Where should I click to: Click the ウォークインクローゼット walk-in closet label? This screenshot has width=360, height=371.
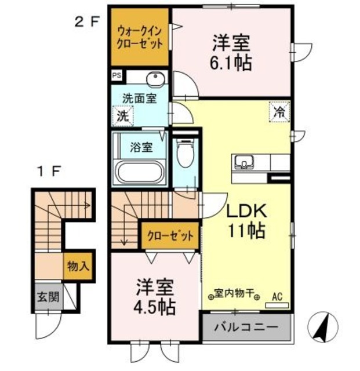(x=140, y=37)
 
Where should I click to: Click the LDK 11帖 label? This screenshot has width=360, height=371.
(x=245, y=221)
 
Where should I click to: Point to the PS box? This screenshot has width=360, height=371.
(x=117, y=75)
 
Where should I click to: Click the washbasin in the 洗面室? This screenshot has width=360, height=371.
(x=154, y=80)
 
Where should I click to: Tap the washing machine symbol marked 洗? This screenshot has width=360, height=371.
(x=123, y=115)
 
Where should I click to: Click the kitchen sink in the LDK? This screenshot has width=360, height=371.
(x=243, y=161)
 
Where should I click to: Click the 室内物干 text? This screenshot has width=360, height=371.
(x=235, y=294)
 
